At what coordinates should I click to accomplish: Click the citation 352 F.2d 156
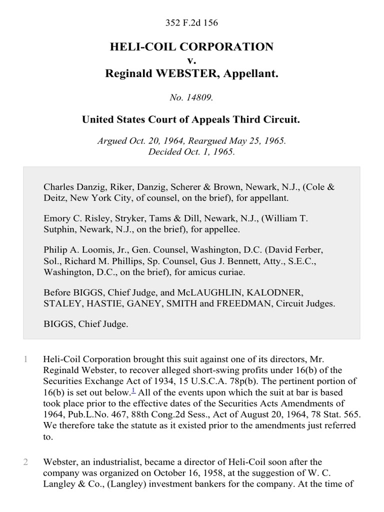(191, 23)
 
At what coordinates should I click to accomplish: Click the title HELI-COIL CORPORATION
(191, 47)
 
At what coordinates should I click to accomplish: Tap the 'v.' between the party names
(191, 60)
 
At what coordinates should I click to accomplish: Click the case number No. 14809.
(191, 98)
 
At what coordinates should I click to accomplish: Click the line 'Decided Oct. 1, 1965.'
(191, 151)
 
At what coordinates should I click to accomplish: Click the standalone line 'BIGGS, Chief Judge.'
(86, 324)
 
